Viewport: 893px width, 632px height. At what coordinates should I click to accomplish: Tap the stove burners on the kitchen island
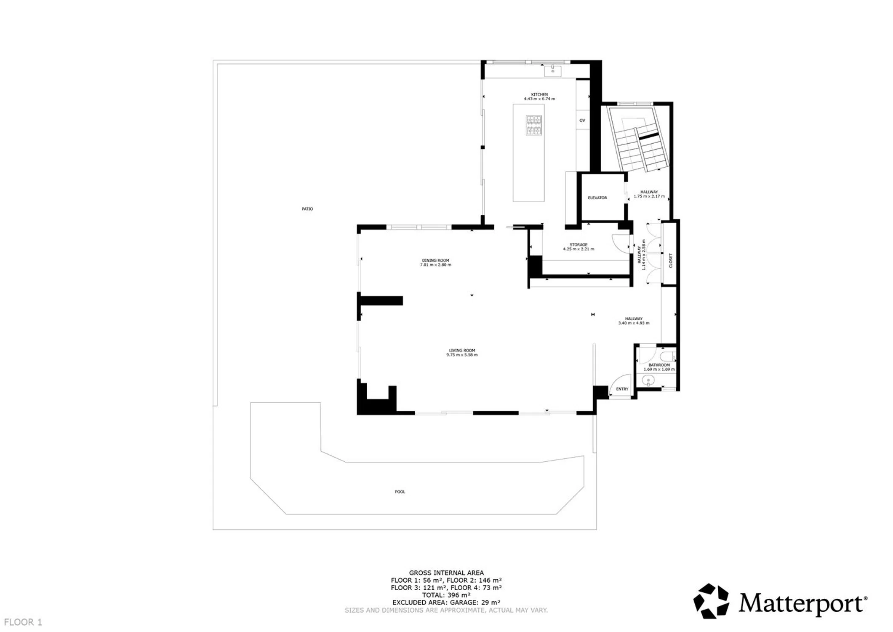tap(533, 126)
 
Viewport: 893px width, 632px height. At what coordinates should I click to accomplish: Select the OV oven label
tap(582, 121)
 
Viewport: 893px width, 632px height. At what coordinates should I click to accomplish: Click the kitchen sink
tap(552, 71)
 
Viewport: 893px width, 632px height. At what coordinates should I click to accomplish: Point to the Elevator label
tap(597, 198)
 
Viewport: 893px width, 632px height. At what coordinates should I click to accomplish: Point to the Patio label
tap(307, 209)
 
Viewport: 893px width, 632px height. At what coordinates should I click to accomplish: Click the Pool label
tap(400, 492)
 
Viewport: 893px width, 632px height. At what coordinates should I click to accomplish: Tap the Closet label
tap(671, 260)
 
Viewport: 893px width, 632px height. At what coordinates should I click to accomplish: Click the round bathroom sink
tap(648, 381)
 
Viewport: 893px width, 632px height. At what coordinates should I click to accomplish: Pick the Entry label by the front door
tap(622, 389)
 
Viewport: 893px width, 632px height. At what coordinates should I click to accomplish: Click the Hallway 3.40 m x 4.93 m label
tap(634, 321)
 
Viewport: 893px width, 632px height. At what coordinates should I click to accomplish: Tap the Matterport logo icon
tap(711, 601)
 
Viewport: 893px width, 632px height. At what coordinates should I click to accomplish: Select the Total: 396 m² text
tap(446, 595)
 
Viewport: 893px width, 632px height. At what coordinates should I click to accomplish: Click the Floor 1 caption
tap(23, 622)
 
